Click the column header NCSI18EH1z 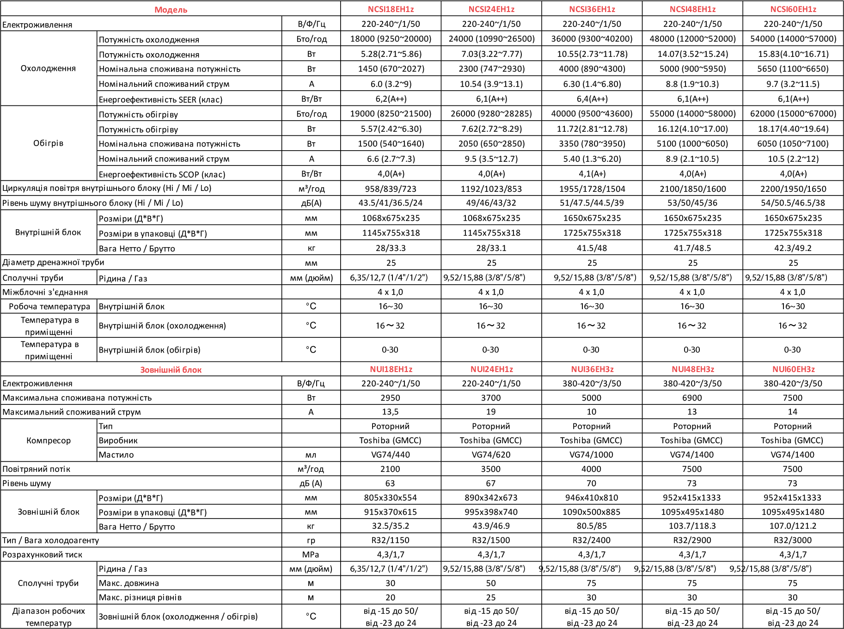pyautogui.click(x=391, y=9)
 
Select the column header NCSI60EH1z pyautogui.click(x=793, y=9)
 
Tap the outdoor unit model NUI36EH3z pyautogui.click(x=592, y=369)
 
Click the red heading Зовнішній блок pyautogui.click(x=171, y=370)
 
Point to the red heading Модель pyautogui.click(x=171, y=10)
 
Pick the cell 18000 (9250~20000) pyautogui.click(x=391, y=39)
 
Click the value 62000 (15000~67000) pyautogui.click(x=793, y=114)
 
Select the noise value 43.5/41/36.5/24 pyautogui.click(x=391, y=203)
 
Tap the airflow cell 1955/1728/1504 pyautogui.click(x=592, y=189)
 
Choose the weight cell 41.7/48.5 pyautogui.click(x=692, y=248)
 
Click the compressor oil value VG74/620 pyautogui.click(x=491, y=455)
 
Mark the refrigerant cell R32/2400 pyautogui.click(x=592, y=540)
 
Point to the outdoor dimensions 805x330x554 pyautogui.click(x=391, y=498)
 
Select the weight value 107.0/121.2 pyautogui.click(x=793, y=526)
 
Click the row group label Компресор pyautogui.click(x=49, y=440)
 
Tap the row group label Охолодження pyautogui.click(x=48, y=68)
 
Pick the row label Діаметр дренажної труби pyautogui.click(x=53, y=263)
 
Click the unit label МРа pyautogui.click(x=311, y=555)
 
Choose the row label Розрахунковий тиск pyautogui.click(x=43, y=555)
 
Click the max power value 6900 pyautogui.click(x=692, y=398)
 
